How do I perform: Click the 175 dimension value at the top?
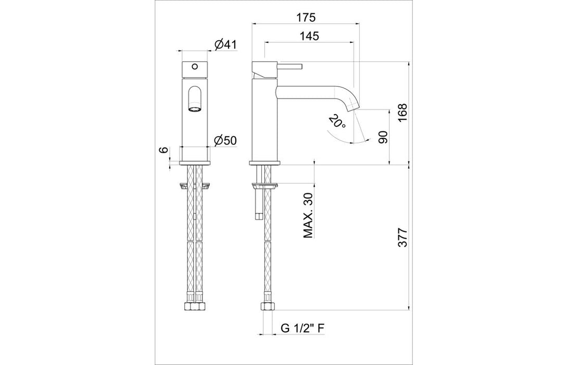click(306, 17)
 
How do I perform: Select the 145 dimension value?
click(309, 36)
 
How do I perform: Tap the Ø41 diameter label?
click(226, 45)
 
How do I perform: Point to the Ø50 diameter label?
click(226, 140)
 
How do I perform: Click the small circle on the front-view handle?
click(195, 67)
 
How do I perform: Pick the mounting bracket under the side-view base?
click(265, 185)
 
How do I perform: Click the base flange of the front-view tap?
click(195, 164)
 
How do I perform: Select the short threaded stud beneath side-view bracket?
click(257, 208)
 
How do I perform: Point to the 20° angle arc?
click(338, 138)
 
